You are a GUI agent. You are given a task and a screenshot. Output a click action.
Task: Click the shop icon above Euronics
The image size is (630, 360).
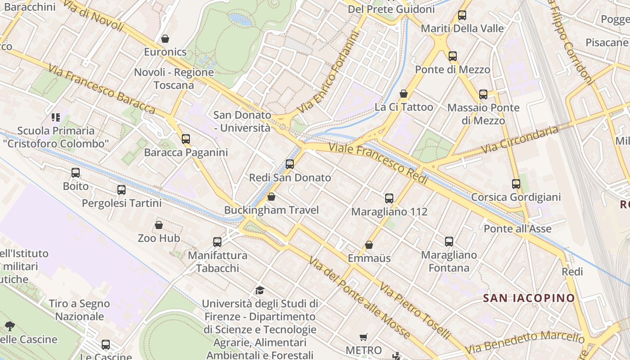165,39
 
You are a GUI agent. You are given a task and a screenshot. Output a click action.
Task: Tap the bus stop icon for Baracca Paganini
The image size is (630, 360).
186,139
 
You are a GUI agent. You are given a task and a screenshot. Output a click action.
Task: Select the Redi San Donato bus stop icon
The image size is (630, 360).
290,164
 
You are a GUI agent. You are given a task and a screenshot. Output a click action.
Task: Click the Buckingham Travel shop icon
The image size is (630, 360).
271,197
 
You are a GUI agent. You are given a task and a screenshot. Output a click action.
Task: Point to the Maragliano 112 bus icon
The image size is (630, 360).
389,198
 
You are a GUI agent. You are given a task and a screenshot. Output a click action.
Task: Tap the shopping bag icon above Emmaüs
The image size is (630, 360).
369,245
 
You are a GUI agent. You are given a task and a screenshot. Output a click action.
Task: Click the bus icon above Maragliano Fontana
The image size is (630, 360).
449,242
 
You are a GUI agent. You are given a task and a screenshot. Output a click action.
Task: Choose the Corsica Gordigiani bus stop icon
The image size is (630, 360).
516,184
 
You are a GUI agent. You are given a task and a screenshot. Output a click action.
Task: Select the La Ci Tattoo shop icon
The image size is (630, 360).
404,94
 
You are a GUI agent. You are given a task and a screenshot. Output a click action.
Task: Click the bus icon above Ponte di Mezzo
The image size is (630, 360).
453,56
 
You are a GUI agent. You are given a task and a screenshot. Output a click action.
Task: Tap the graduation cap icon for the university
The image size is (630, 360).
260,290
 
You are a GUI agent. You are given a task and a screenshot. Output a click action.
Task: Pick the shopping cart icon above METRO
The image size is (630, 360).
364,337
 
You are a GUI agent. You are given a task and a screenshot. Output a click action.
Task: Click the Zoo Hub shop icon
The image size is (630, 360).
159,225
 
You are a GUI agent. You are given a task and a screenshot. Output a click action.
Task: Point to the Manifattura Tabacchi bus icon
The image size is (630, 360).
217,242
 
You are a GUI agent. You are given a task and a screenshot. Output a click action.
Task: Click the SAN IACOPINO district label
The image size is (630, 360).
529,298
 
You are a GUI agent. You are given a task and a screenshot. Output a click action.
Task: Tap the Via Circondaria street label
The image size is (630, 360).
519,140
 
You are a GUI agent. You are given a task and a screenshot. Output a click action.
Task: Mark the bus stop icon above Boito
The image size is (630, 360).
76,173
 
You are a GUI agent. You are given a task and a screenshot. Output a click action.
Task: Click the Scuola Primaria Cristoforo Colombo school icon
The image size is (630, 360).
56,118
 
